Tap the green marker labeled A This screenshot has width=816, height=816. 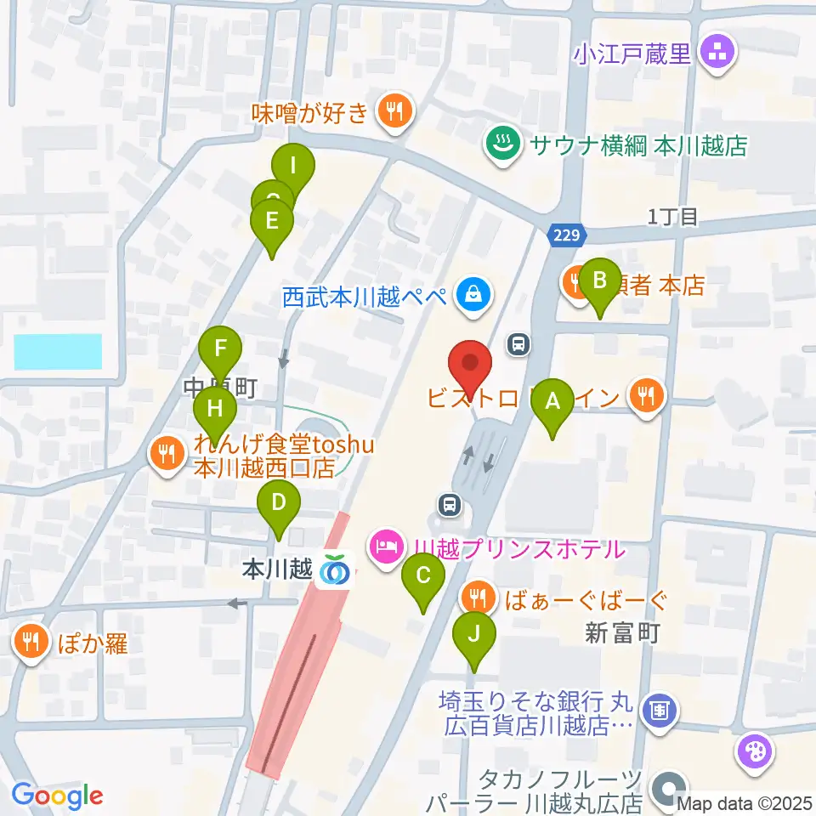tap(552, 401)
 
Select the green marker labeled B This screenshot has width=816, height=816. tap(600, 280)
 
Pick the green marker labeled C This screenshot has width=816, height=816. tap(422, 578)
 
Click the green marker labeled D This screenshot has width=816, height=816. tap(279, 504)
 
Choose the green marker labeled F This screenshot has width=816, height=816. tap(221, 349)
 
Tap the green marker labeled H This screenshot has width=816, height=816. tap(215, 410)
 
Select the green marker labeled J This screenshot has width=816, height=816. tap(474, 635)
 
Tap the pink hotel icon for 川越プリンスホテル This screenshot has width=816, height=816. tap(387, 544)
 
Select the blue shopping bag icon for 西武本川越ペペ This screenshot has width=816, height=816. tap(468, 296)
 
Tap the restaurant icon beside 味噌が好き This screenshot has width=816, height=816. tap(394, 111)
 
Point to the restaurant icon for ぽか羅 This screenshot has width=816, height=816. tap(31, 642)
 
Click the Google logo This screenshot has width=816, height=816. tap(58, 795)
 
